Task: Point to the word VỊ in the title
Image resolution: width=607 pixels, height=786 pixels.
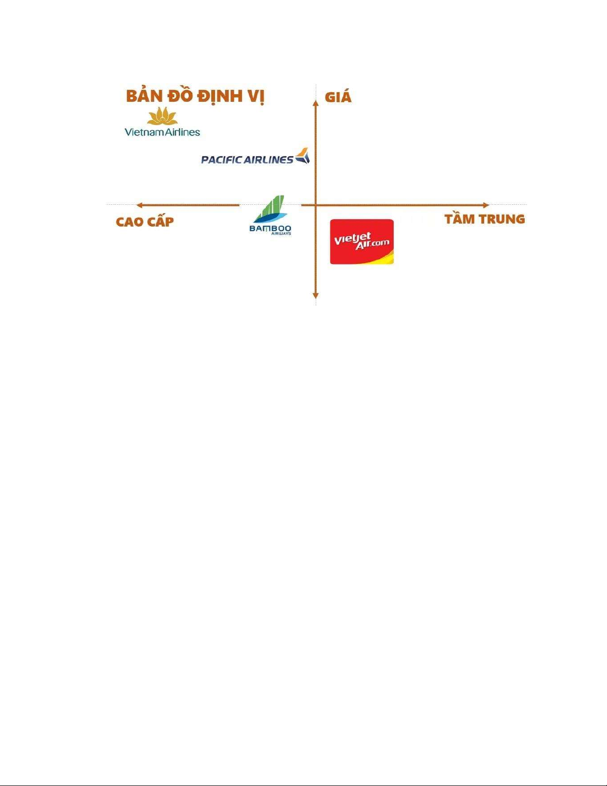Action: click(256, 96)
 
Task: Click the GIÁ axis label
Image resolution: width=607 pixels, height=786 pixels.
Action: click(338, 97)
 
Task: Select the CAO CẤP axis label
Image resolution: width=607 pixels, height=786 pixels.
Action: click(145, 221)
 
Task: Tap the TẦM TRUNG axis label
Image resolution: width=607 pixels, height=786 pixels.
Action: click(485, 219)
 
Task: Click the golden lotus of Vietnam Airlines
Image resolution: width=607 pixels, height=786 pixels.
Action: click(163, 116)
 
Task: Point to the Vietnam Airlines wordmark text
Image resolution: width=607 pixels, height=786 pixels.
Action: click(163, 132)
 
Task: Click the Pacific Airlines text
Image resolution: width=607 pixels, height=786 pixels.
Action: click(247, 160)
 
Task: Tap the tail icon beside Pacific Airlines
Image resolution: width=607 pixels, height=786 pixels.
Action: click(303, 156)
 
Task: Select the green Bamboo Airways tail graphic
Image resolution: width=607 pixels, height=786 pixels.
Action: click(271, 209)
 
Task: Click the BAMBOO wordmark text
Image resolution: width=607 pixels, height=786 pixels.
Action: click(270, 228)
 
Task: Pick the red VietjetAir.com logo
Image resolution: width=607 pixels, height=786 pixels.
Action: click(362, 242)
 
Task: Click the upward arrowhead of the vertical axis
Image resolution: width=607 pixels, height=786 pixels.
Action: click(316, 103)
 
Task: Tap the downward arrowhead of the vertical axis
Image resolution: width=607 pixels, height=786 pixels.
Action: click(316, 296)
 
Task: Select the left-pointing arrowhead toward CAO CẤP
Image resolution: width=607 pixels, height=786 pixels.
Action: click(140, 205)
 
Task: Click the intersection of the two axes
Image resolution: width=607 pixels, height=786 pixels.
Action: click(316, 205)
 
